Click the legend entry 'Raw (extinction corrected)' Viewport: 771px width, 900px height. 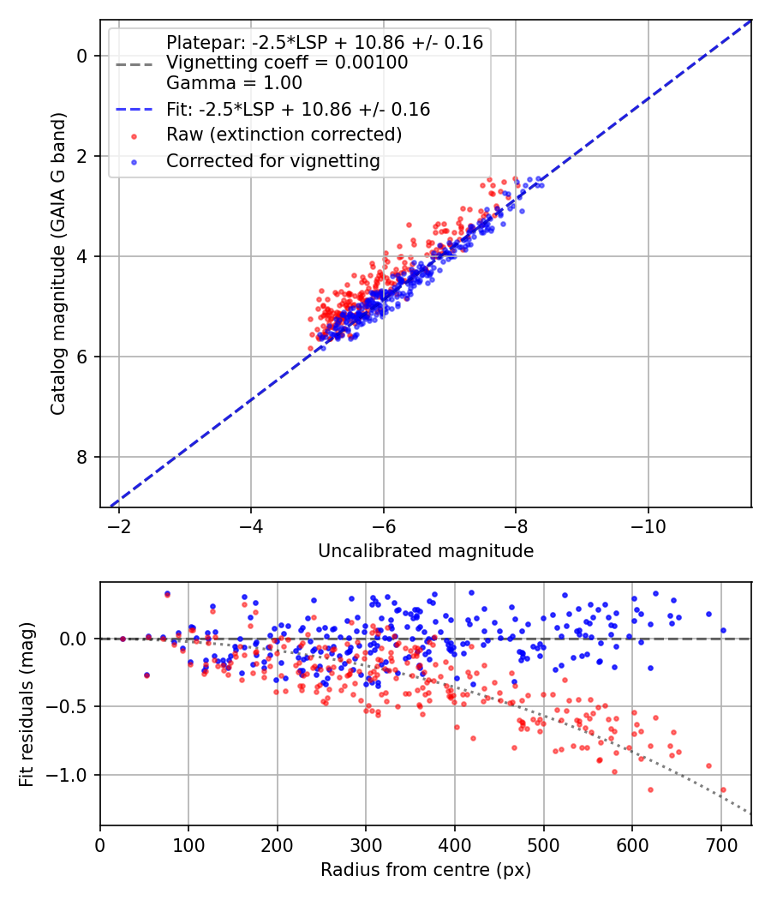[x=284, y=135]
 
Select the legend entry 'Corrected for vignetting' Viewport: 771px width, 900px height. [x=273, y=160]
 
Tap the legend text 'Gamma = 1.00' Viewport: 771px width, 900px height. [x=234, y=83]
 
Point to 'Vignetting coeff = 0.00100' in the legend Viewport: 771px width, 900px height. [x=287, y=63]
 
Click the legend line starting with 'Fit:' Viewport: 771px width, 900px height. [x=298, y=110]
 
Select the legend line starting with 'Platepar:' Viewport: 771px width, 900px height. [x=325, y=42]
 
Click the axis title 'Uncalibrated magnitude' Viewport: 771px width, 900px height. [x=426, y=551]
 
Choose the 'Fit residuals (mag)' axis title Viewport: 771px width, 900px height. [x=27, y=704]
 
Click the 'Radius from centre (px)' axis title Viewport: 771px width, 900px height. [x=426, y=870]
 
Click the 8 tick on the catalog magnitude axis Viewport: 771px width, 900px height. [x=83, y=457]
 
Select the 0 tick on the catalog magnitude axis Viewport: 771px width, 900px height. [x=83, y=56]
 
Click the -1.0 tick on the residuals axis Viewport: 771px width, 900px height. [x=73, y=776]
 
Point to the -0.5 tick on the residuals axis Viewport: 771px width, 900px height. [x=73, y=707]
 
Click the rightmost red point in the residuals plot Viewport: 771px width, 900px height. [x=723, y=789]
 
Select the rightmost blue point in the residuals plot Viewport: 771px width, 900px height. [x=723, y=630]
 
